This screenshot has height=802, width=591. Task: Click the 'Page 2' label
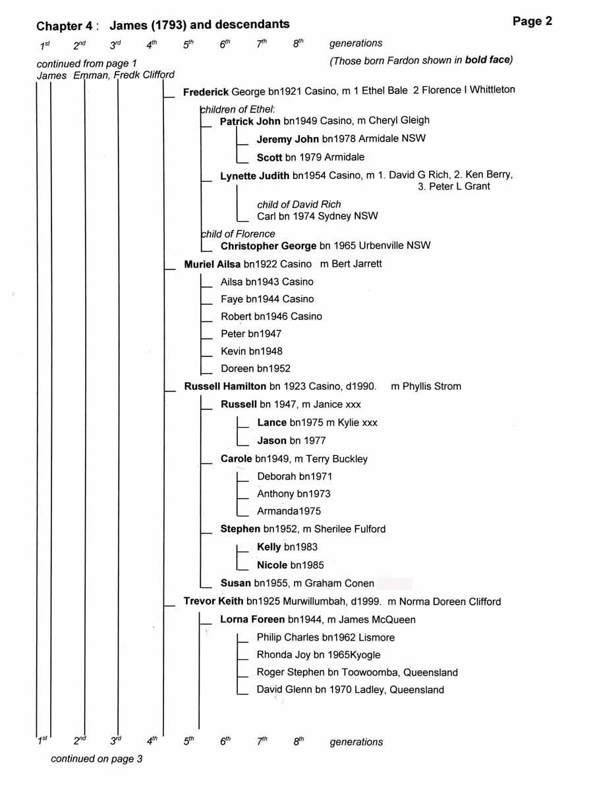(532, 22)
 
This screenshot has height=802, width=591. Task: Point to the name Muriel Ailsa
(212, 264)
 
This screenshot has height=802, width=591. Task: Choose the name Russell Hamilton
(225, 386)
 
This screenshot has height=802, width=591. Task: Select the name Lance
(271, 423)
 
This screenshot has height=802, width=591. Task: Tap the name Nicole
(271, 565)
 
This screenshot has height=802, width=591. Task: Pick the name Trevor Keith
(213, 601)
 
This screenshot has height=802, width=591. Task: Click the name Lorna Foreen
(252, 619)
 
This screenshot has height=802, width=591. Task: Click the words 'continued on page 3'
(96, 759)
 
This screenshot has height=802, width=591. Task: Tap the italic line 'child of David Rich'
(299, 205)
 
